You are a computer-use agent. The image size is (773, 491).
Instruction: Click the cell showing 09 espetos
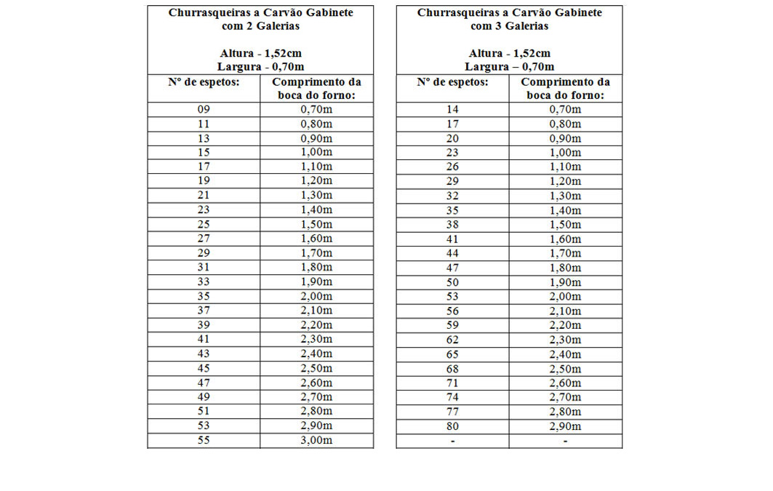click(204, 110)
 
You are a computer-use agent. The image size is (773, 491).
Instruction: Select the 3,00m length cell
click(316, 440)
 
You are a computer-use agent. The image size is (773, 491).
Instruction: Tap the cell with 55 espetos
click(204, 440)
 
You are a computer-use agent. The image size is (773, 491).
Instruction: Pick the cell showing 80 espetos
click(452, 426)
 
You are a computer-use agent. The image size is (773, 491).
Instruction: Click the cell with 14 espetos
click(452, 110)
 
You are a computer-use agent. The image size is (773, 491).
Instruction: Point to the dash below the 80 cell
click(452, 441)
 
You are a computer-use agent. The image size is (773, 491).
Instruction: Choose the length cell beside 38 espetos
click(565, 225)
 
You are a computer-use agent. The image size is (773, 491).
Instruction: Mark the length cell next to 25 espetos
click(316, 225)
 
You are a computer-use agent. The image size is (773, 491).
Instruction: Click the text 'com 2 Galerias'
click(260, 26)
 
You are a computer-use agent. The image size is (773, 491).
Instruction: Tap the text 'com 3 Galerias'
click(509, 26)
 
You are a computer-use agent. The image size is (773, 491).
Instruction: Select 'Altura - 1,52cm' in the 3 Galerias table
click(509, 53)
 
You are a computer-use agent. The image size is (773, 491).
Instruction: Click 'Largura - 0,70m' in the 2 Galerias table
click(260, 66)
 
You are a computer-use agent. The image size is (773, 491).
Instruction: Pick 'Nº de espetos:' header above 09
click(204, 82)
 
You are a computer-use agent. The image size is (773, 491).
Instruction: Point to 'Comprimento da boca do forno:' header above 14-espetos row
click(565, 89)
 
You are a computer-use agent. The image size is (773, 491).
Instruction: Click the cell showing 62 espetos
click(452, 340)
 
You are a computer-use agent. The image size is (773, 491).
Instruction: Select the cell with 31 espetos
click(204, 268)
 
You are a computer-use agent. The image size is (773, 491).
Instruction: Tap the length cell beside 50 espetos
click(565, 282)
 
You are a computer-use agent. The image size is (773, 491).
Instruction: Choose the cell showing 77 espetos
click(452, 412)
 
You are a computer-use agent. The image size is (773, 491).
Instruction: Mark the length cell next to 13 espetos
click(316, 138)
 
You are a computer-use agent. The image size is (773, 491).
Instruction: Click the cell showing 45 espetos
click(204, 369)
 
